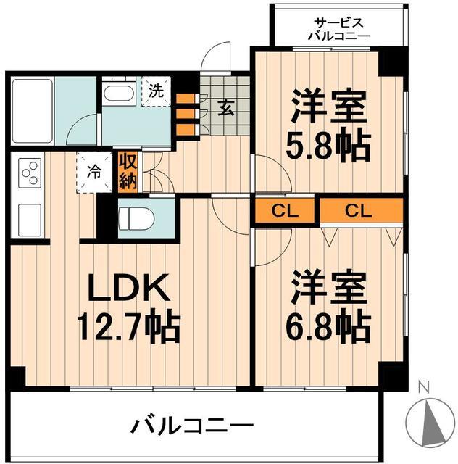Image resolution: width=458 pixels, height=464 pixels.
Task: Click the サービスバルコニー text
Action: coord(338,28)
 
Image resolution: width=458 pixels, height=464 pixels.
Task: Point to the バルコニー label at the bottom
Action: coord(192,425)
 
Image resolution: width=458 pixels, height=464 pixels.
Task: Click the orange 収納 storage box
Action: coord(128,171)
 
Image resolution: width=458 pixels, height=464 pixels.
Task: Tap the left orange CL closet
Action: coord(283,211)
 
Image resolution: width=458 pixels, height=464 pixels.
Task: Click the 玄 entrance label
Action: coord(225,109)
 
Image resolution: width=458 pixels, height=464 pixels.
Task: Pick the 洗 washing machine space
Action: coord(156,92)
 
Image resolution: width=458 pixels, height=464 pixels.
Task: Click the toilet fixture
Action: coord(138,217)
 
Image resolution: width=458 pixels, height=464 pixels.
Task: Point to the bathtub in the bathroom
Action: coord(33,109)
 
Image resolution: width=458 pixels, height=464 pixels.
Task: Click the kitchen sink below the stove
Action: coord(29,216)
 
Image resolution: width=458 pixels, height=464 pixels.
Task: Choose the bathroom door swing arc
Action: coord(81,129)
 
